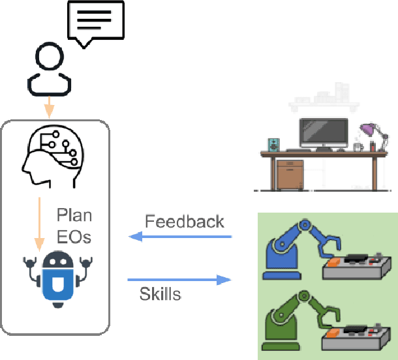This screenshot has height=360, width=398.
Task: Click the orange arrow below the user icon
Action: click(48, 105)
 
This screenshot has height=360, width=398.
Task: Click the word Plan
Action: click(74, 215)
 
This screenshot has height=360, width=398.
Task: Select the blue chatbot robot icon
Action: click(55, 277)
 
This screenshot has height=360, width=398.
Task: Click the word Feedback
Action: click(184, 221)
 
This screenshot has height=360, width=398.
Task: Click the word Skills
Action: click(160, 294)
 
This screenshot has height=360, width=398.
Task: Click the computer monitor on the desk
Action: click(324, 132)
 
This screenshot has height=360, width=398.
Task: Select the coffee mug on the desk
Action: click(358, 147)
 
